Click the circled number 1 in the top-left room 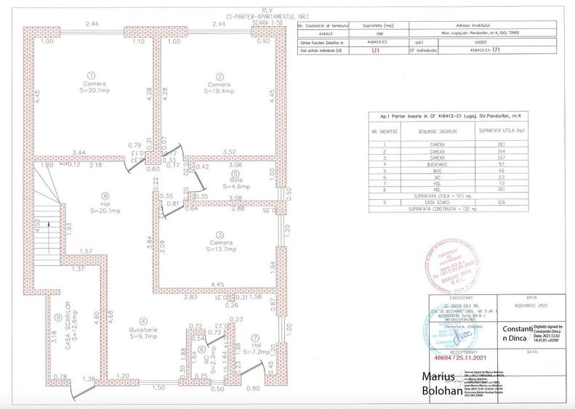[x=91, y=75]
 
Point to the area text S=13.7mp [x=219, y=248]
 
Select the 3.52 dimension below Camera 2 [x=228, y=152]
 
